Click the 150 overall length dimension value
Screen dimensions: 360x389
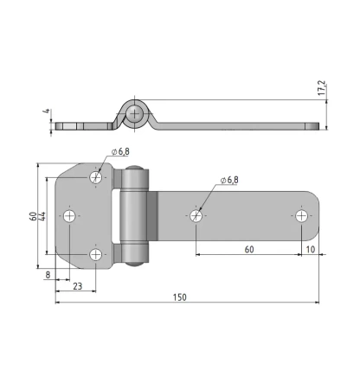[x=180, y=297]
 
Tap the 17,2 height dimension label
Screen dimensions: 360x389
[x=321, y=88]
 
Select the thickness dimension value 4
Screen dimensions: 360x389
[x=47, y=111]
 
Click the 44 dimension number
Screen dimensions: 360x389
[x=42, y=216]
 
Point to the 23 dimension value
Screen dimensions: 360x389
[x=77, y=286]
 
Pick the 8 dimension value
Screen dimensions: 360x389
[x=48, y=275]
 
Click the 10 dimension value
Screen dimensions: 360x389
[x=311, y=250]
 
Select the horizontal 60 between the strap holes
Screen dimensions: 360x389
[x=249, y=250]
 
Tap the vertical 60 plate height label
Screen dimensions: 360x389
[x=33, y=216]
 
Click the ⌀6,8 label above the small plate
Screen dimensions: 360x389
[x=120, y=151]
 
